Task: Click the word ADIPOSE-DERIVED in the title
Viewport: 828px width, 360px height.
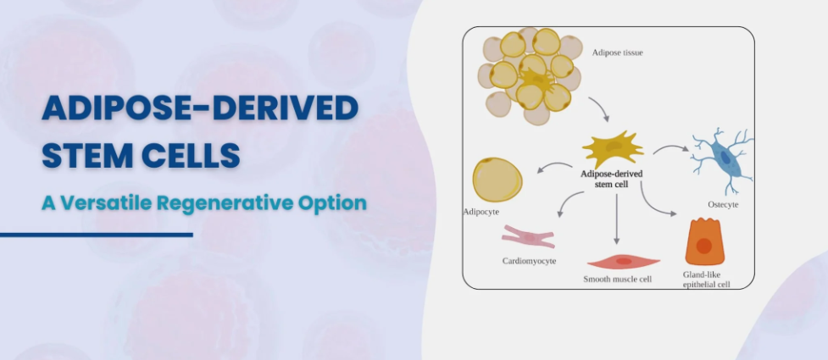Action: [x=200, y=108]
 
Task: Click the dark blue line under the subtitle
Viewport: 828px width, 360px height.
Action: [x=96, y=235]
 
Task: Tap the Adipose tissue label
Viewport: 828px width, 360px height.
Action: [x=617, y=53]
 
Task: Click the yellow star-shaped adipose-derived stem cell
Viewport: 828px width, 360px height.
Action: [x=613, y=149]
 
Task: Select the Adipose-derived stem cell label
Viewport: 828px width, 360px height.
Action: [x=612, y=179]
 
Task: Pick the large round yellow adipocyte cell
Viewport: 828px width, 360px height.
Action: [x=497, y=180]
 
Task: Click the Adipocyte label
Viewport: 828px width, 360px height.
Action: [x=481, y=213]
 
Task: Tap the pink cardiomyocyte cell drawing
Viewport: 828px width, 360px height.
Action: [x=528, y=237]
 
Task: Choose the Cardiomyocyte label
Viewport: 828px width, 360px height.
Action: [x=529, y=261]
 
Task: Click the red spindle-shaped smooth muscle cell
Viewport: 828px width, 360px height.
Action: [x=624, y=261]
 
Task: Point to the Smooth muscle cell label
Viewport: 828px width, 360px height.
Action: [x=617, y=280]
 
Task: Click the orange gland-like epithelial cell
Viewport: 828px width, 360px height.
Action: [x=704, y=241]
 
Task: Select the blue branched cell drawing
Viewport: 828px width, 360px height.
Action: [x=722, y=160]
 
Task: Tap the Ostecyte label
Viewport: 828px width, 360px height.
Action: [x=723, y=204]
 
